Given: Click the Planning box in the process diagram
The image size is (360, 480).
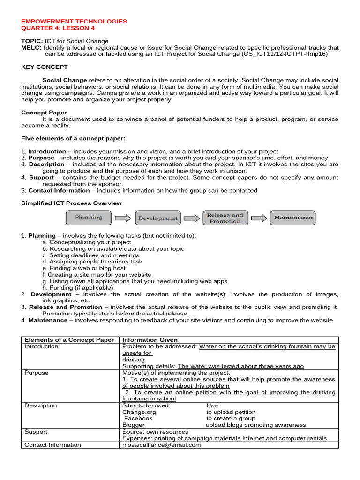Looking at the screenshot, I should click(x=88, y=217).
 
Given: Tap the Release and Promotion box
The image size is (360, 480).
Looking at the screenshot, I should click(x=225, y=218).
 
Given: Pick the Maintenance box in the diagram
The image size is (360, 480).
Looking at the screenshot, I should click(x=293, y=218).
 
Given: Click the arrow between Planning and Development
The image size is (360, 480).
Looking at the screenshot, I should click(x=123, y=218).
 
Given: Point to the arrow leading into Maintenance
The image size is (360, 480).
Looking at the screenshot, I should click(x=259, y=218).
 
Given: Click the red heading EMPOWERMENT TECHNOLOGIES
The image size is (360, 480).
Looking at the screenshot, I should click(x=74, y=21).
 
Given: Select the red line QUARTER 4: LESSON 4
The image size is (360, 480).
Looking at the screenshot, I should click(x=58, y=28).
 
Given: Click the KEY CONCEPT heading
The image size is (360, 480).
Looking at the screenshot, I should click(x=45, y=67).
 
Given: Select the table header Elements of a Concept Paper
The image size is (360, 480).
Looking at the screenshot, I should click(x=69, y=340).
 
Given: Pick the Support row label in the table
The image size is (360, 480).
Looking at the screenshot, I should click(x=36, y=432).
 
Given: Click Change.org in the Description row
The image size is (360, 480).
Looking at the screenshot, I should click(x=139, y=412).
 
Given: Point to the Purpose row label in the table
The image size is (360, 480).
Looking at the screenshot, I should click(x=37, y=373).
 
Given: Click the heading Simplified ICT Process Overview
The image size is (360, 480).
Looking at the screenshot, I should click(x=71, y=203).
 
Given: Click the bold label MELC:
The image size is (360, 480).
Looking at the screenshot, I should click(x=31, y=48).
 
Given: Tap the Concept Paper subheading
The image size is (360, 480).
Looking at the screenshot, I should click(x=44, y=112).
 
